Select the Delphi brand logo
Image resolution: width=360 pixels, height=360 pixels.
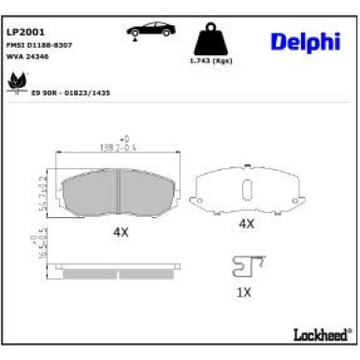tap(306, 41)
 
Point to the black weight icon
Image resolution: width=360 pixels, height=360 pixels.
tap(209, 39)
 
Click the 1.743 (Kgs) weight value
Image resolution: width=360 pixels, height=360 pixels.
tap(209, 61)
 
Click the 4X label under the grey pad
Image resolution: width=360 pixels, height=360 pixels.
tap(121, 230)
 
